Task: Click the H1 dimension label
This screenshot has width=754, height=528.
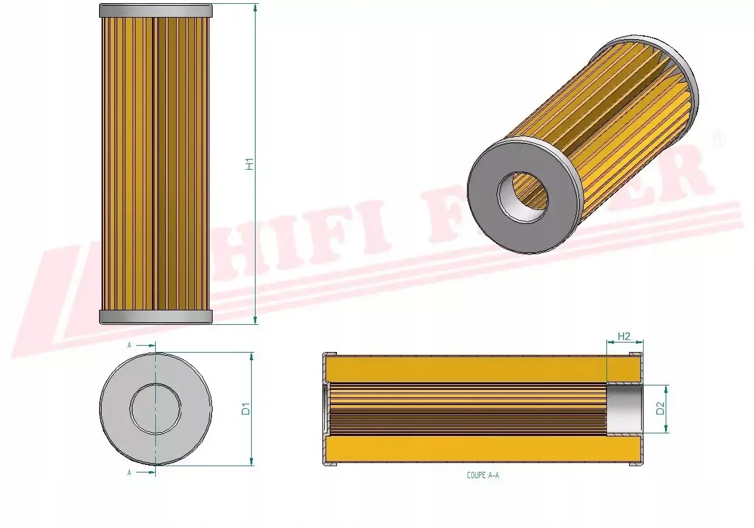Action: coord(250,164)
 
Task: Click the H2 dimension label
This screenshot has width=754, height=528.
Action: coord(624,337)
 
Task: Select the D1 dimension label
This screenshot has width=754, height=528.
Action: coord(246,409)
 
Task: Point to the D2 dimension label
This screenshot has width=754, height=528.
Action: coord(660,409)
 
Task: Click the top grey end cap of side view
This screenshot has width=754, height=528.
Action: coord(156,11)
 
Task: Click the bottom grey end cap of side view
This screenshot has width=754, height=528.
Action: coord(156,317)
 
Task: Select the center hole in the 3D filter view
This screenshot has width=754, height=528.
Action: coord(522,197)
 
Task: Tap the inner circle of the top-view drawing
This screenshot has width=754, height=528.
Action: coord(155,409)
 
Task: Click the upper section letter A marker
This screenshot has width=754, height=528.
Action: coord(129,346)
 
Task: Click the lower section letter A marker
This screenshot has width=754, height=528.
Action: coord(129,472)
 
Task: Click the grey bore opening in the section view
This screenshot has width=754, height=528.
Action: coord(625,409)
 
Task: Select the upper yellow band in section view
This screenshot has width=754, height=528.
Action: coord(467,368)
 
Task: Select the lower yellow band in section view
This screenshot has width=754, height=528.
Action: coord(467,450)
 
